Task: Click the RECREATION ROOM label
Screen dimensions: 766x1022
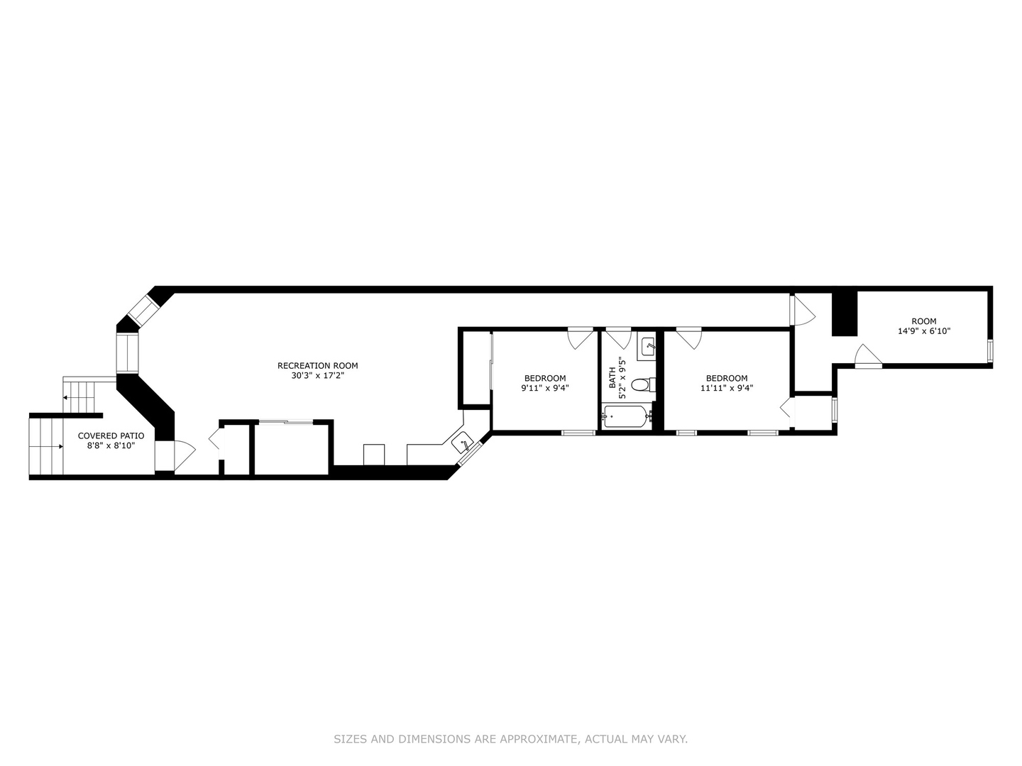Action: point(317,366)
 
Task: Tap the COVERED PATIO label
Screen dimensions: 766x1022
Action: point(111,435)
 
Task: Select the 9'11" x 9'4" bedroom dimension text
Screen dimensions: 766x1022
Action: point(545,388)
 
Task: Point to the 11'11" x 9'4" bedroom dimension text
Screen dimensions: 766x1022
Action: point(726,388)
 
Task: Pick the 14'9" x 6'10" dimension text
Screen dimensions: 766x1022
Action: point(923,331)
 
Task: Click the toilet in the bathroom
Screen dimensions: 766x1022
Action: point(641,385)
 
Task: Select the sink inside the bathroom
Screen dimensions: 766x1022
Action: point(648,347)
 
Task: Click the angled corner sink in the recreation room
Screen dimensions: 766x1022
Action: point(463,443)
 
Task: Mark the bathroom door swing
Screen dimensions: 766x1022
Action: point(617,337)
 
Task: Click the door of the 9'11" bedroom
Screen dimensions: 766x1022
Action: point(581,337)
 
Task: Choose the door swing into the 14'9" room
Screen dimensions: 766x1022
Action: point(867,357)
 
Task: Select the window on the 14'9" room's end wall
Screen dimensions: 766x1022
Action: point(989,350)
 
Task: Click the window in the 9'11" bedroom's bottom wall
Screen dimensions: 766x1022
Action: point(578,432)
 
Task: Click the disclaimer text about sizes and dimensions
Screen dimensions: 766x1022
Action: point(510,739)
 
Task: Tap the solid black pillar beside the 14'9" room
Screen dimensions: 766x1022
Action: point(845,313)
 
